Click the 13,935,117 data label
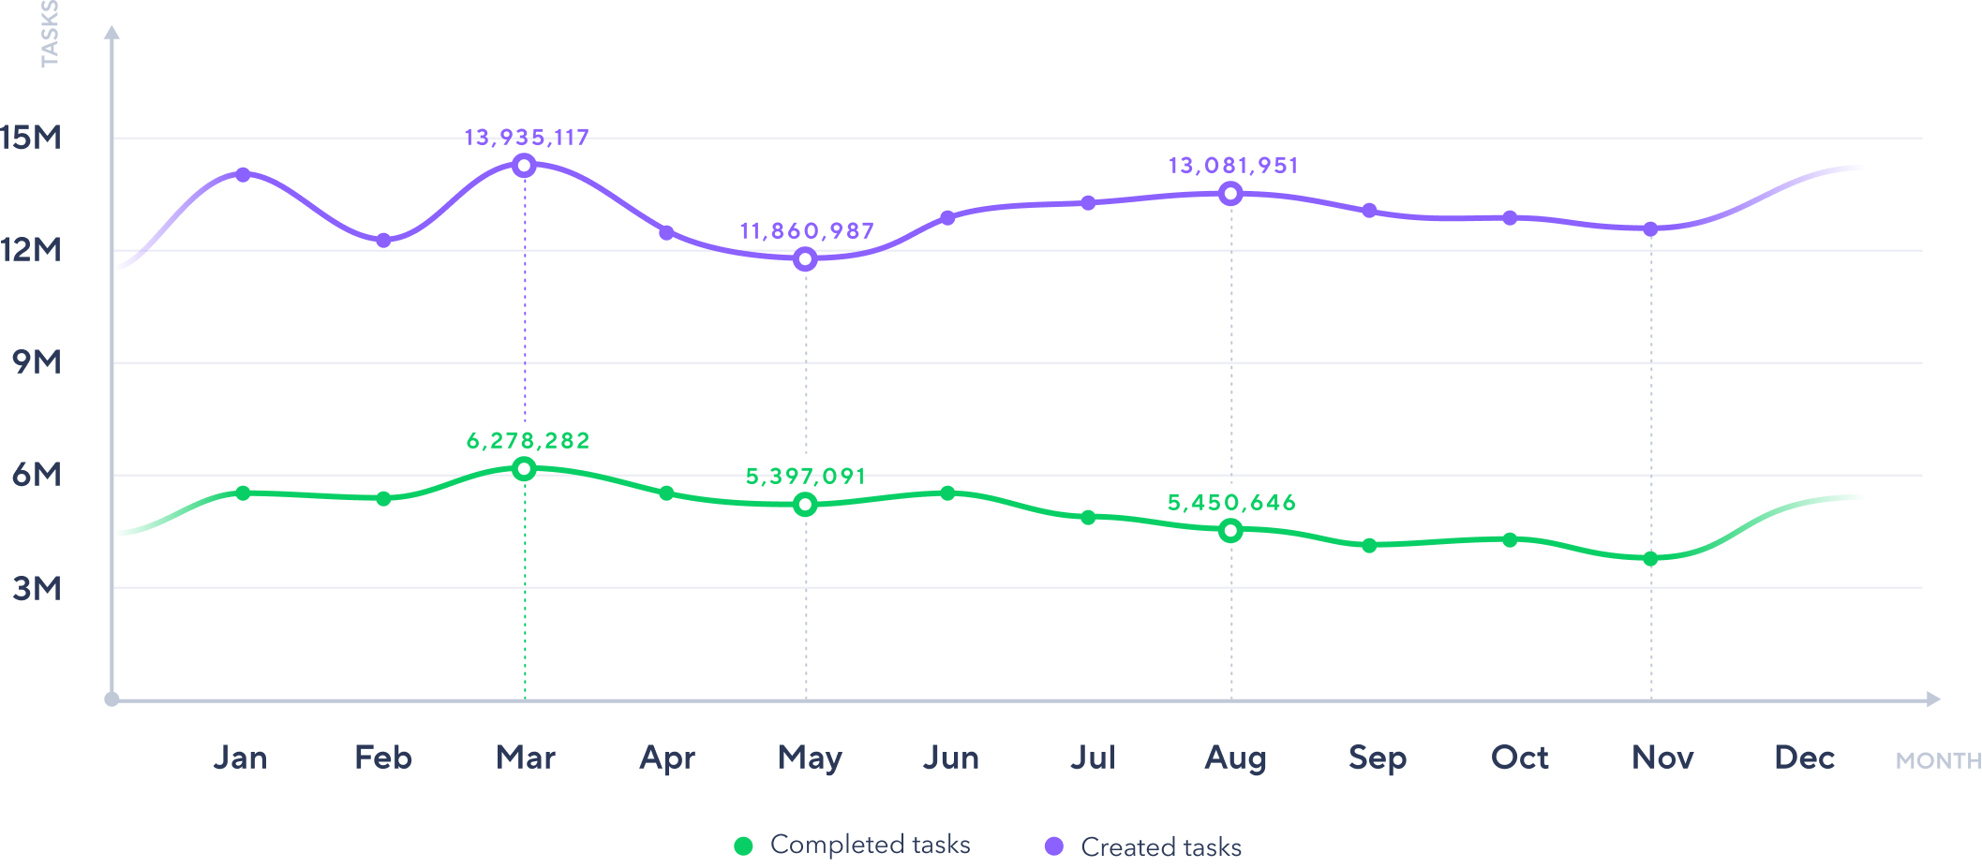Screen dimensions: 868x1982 point(527,138)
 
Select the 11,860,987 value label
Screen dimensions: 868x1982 point(807,230)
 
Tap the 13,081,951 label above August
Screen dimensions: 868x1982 point(1233,166)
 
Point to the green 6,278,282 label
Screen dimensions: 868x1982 point(529,440)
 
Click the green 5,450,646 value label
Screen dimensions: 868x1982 point(1231,503)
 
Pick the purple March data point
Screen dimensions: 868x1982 point(525,166)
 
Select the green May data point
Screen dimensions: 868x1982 point(805,505)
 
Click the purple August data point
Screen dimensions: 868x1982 point(1231,194)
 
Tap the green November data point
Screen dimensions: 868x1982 point(1650,559)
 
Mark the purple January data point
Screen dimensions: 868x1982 point(243,175)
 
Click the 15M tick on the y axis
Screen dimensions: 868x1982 point(31,138)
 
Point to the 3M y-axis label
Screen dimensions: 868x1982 point(37,588)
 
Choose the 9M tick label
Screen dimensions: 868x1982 point(37,362)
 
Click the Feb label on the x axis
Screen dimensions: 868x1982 point(383,758)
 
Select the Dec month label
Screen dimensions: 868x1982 point(1804,758)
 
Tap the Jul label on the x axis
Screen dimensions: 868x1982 point(1093,758)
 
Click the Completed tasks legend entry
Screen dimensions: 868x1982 point(853,845)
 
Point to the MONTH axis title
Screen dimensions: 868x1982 point(1938,760)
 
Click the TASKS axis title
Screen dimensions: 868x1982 point(50,34)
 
